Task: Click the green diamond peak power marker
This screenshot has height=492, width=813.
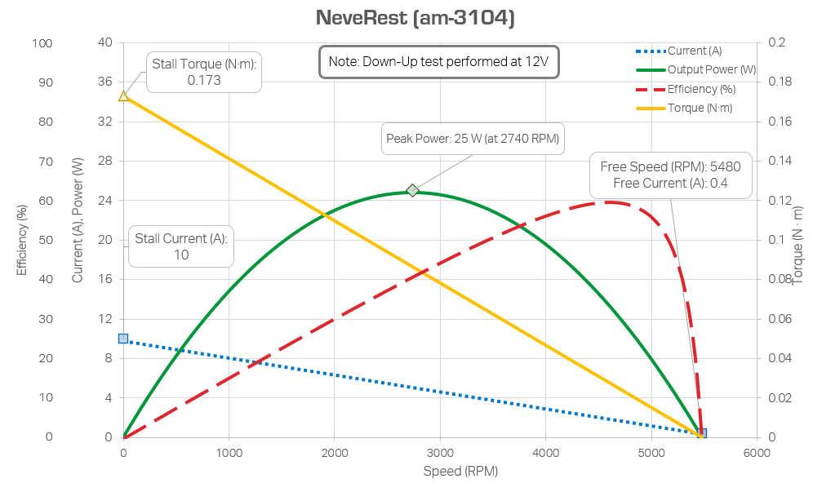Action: pyautogui.click(x=413, y=191)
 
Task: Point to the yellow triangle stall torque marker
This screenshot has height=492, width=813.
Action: pyautogui.click(x=123, y=95)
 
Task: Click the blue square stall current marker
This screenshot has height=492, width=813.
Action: pyautogui.click(x=123, y=338)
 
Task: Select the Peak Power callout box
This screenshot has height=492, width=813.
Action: pyautogui.click(x=473, y=140)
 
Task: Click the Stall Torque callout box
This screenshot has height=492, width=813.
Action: pyautogui.click(x=204, y=72)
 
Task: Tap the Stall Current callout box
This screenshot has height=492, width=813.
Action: pyautogui.click(x=180, y=246)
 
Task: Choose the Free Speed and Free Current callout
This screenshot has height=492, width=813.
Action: pyautogui.click(x=670, y=175)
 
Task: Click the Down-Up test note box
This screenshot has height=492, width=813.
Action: pyautogui.click(x=438, y=61)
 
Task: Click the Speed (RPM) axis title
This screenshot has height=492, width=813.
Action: pyautogui.click(x=460, y=472)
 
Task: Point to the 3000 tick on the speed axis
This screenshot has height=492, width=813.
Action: pyautogui.click(x=440, y=452)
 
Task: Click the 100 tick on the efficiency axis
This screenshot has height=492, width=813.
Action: pyautogui.click(x=42, y=42)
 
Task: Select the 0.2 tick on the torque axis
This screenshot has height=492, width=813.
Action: pyautogui.click(x=776, y=42)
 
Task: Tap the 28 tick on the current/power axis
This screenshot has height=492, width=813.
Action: pyautogui.click(x=105, y=161)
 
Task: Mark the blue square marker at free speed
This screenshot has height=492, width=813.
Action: pyautogui.click(x=701, y=433)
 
